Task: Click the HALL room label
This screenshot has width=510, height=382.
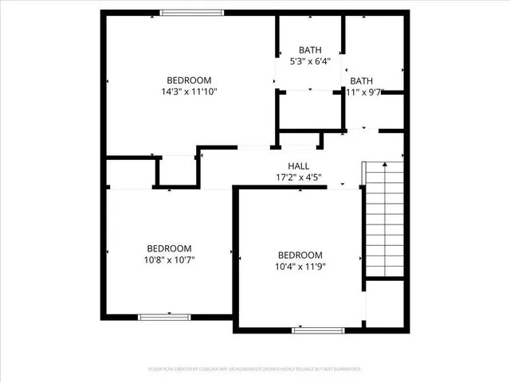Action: click(x=299, y=166)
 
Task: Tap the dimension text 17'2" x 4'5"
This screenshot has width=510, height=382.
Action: click(x=299, y=177)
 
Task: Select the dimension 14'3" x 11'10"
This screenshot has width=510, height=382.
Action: click(x=189, y=92)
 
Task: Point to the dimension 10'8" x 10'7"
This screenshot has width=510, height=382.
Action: click(x=168, y=259)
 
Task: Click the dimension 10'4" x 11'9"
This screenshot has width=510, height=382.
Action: click(x=300, y=266)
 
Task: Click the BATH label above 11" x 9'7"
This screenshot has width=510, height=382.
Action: click(x=361, y=80)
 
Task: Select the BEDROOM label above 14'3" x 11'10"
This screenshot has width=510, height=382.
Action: click(x=189, y=80)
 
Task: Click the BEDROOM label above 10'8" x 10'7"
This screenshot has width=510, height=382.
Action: click(x=168, y=248)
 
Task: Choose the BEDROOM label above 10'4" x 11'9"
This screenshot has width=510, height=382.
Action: click(x=300, y=255)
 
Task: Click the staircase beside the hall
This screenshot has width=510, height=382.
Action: click(x=384, y=219)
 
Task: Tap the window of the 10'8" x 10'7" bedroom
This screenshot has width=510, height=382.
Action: click(x=164, y=317)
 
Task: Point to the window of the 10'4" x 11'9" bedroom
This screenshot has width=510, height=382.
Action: click(x=318, y=329)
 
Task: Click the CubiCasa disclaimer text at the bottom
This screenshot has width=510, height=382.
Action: click(x=255, y=369)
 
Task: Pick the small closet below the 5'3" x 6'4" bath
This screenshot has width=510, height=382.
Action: click(x=309, y=109)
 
